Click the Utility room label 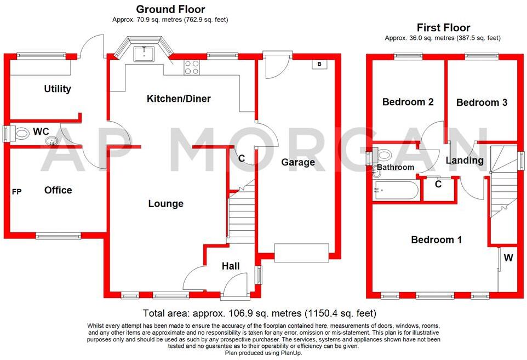coord(58,89)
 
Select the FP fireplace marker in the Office coord(17,192)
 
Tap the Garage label coord(298,162)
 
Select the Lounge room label coord(165,204)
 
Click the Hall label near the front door coord(231,266)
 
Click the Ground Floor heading coord(170,9)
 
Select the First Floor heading coord(443,27)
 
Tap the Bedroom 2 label coord(408,102)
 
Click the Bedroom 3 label coord(482,102)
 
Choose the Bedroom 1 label coord(436,239)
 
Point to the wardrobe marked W coord(508,258)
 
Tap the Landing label coord(464,161)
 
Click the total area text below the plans coord(260,314)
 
